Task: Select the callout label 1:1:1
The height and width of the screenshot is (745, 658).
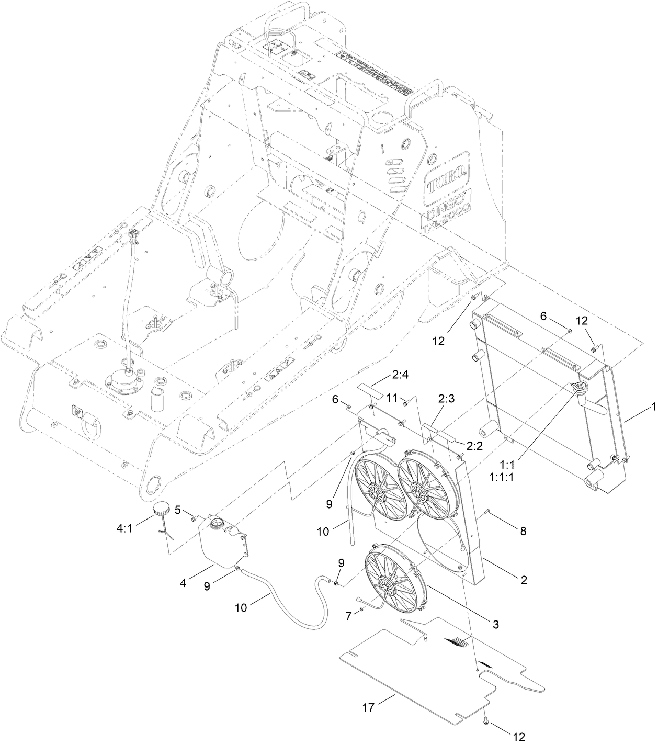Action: click(x=501, y=477)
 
